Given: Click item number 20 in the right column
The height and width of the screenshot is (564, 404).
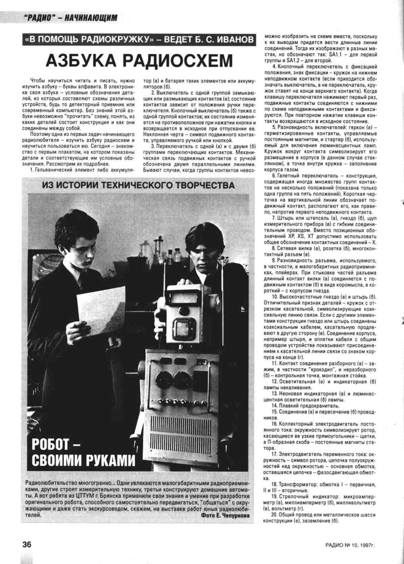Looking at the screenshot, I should [275, 514].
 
